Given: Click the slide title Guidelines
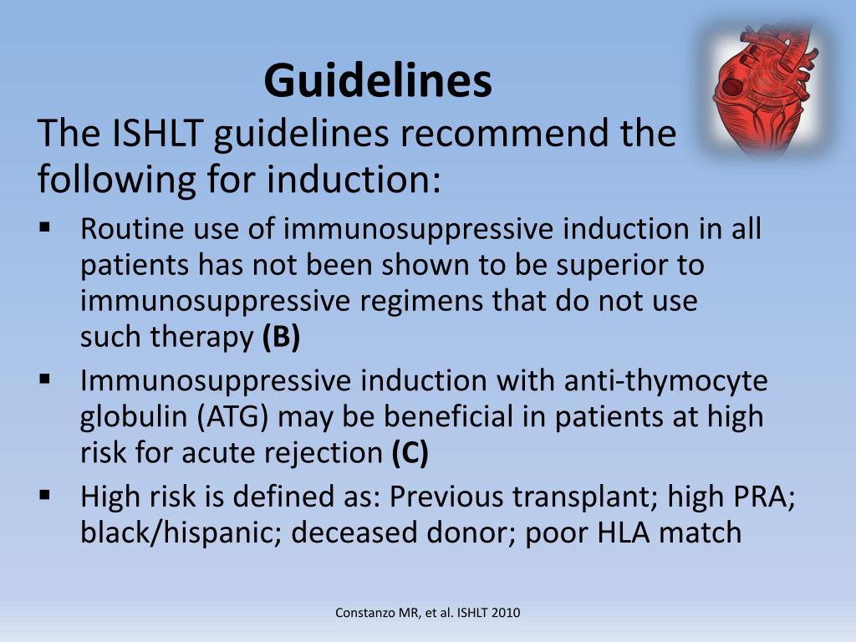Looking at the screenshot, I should tap(378, 81).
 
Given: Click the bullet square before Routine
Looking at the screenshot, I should tap(45, 226).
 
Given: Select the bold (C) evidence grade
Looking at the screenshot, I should tap(410, 453).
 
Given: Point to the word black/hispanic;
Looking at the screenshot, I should tap(181, 533).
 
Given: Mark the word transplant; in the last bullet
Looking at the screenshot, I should tap(582, 497).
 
